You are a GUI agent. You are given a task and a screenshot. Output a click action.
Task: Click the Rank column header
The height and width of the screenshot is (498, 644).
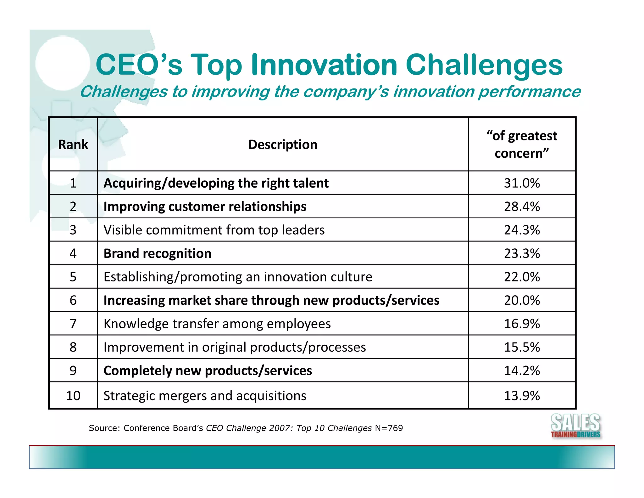pos(73,144)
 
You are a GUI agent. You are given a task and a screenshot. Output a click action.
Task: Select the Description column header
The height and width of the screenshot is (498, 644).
pos(283,144)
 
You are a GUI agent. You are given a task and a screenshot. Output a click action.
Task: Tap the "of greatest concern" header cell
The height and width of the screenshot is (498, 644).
pos(522,144)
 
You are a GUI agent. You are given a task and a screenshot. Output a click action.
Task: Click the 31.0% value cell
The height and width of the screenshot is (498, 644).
pos(522,183)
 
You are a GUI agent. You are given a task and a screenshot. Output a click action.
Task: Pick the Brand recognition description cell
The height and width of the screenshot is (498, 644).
pos(157,253)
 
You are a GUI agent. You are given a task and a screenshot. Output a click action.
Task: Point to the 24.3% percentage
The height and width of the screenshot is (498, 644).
pos(522,230)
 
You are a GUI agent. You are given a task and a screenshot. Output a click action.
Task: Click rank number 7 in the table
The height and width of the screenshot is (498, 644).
pos(73,324)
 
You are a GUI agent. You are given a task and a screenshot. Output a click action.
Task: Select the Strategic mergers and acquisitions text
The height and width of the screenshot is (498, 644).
pos(205,396)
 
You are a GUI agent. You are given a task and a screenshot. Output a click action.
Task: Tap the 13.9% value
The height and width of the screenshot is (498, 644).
pos(522,396)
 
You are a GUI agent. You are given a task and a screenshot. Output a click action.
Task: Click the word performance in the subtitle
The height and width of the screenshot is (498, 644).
pos(529,92)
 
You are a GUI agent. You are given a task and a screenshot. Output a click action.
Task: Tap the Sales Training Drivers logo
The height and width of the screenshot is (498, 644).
pos(575,426)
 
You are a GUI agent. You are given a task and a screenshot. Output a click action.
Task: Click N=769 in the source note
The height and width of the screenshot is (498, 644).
pos(389,428)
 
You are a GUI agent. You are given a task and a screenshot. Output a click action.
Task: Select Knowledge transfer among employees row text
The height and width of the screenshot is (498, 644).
pos(217,324)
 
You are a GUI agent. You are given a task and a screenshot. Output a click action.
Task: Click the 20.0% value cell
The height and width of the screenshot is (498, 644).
pos(522,300)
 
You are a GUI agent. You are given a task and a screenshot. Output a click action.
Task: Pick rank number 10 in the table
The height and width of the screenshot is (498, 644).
pos(73,396)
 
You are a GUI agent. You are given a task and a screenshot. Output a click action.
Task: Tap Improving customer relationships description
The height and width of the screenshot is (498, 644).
pos(205,207)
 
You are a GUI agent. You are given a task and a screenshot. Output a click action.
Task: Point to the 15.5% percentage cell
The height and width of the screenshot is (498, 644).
pos(522,347)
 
